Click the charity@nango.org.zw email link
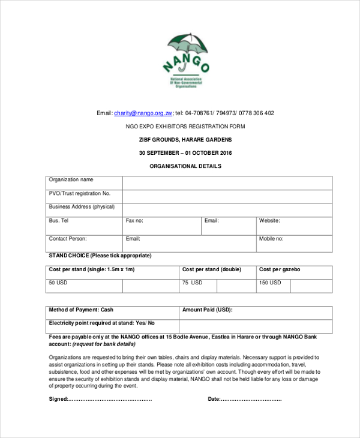click(x=143, y=113)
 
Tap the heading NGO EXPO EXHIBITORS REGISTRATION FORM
click(x=185, y=127)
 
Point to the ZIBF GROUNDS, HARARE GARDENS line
click(x=185, y=140)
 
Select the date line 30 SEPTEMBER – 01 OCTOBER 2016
click(x=185, y=153)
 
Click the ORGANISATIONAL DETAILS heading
click(x=185, y=166)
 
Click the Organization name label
click(x=71, y=180)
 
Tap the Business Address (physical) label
click(x=82, y=207)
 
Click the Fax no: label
click(x=134, y=221)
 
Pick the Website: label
click(x=269, y=221)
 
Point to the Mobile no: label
click(x=271, y=239)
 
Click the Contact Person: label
click(x=68, y=239)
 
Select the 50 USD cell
click(x=58, y=283)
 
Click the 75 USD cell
click(x=193, y=283)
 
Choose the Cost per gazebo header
click(x=280, y=269)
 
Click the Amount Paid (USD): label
click(x=207, y=310)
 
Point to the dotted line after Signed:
click(x=110, y=399)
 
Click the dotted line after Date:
click(x=251, y=399)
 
